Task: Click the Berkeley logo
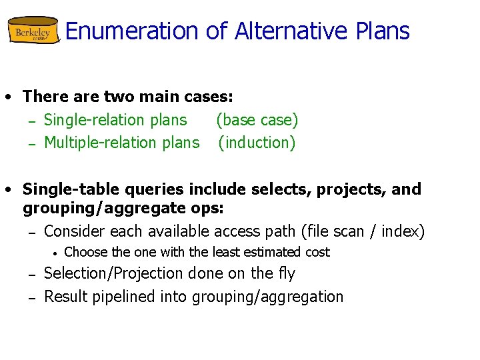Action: (x=33, y=31)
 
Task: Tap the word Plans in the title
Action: (x=383, y=31)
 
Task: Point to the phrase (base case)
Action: (x=257, y=120)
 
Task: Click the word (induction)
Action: (x=257, y=143)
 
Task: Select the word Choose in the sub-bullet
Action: (x=85, y=252)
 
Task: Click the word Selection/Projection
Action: (x=114, y=273)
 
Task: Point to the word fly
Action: (x=286, y=273)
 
